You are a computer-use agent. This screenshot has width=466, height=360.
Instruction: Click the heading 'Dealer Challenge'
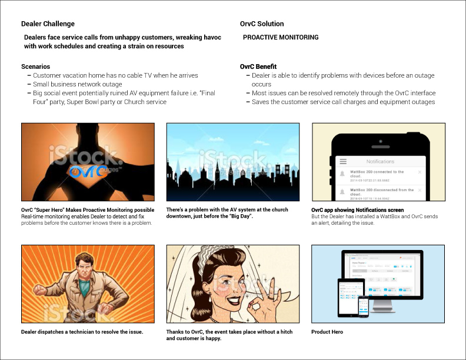coord(48,24)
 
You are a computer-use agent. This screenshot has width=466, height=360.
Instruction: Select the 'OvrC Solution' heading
coord(262,24)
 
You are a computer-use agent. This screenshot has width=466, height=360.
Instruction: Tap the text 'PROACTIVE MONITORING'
coord(281,38)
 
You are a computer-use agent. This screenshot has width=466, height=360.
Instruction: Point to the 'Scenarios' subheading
coord(35,67)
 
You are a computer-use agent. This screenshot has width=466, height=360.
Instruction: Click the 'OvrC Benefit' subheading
coord(258,67)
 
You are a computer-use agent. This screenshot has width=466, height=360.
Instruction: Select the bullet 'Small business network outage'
coord(77,84)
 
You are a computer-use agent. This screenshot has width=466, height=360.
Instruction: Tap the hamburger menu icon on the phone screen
coord(343,161)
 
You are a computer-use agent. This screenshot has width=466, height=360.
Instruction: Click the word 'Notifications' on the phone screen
coord(380,161)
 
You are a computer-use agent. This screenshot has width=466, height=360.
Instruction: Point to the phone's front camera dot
coord(380,141)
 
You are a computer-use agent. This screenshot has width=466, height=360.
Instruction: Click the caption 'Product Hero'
coord(327,332)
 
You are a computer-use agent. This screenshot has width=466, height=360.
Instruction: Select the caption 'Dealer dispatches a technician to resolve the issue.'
coord(82,332)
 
